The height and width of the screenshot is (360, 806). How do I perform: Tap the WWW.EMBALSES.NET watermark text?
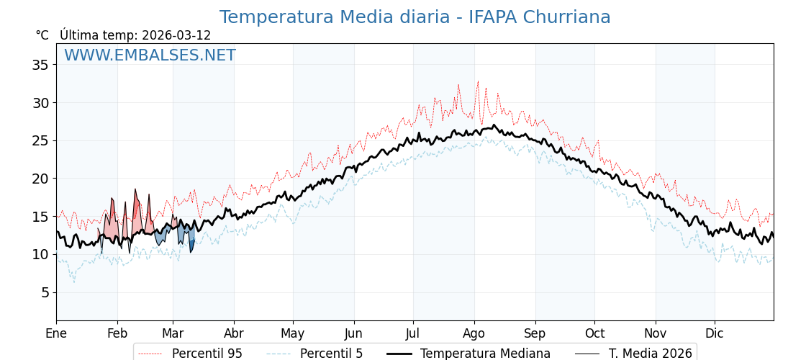pos(150,55)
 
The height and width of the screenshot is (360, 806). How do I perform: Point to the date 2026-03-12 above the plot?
pos(176,35)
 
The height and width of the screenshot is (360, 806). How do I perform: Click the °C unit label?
pos(42,35)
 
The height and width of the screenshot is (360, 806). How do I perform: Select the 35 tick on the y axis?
pos(40,65)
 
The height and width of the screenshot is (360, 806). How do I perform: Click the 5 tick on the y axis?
pos(44,292)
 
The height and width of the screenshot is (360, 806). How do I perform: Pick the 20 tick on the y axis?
pos(40,179)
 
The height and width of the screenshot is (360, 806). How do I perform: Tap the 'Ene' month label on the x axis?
pos(56,333)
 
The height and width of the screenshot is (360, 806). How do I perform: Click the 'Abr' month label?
pos(234,333)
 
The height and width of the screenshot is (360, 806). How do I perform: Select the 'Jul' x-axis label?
pos(413,333)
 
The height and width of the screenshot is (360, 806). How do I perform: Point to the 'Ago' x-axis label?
pos(474,333)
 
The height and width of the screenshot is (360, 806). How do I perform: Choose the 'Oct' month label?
pos(594,333)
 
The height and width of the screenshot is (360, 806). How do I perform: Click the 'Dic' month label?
pos(715,333)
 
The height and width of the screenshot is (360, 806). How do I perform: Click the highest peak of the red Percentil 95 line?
pos(478,81)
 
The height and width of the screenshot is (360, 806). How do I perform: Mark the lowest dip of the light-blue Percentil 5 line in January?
pos(73,282)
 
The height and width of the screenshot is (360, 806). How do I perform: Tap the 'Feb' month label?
pos(117,333)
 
